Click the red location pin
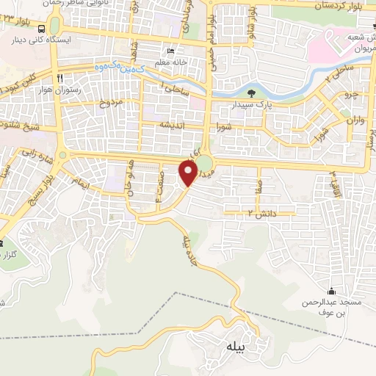coord(188,172)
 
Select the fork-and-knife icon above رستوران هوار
coord(59,77)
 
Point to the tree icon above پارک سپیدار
coord(252,93)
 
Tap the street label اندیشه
coord(176,124)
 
